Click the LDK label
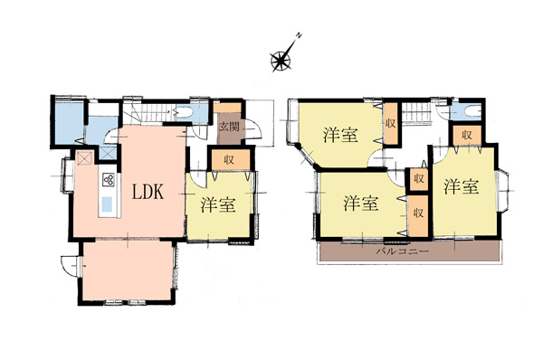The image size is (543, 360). (x=148, y=192)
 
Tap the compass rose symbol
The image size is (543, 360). (x=281, y=61)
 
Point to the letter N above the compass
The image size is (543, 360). (x=300, y=35)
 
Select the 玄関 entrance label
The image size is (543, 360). (x=229, y=126)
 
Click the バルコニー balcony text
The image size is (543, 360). (x=403, y=251)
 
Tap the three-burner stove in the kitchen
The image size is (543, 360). (x=109, y=179)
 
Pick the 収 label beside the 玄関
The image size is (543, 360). (x=229, y=160)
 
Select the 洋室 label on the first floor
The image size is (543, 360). (x=218, y=205)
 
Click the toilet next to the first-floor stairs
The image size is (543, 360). (x=184, y=114)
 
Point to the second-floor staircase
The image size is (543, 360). (x=415, y=113)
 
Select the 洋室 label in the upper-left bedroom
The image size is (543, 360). (x=340, y=135)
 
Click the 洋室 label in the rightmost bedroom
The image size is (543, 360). (x=462, y=186)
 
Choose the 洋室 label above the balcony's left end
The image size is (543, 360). (x=361, y=204)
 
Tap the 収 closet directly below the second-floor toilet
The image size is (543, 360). (x=467, y=136)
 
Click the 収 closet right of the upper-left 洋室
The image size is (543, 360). (x=391, y=124)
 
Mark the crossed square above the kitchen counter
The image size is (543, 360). (x=84, y=158)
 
